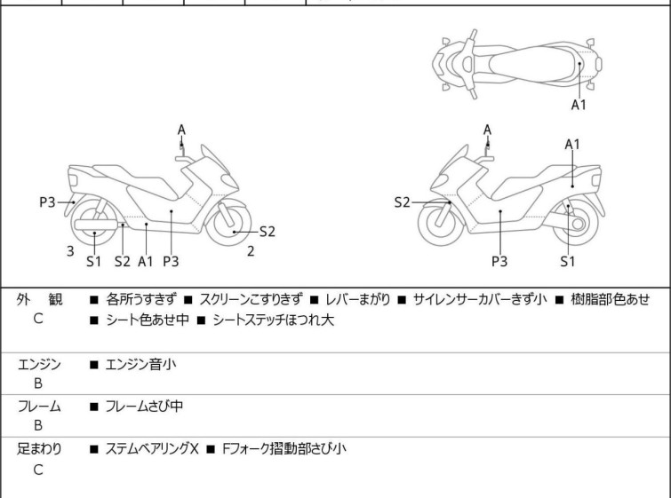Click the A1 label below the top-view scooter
pos(579,104)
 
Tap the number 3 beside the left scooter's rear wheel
pos(70,251)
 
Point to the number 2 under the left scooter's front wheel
pos(251,251)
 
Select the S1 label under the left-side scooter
pos(93,261)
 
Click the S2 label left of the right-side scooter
pos(402,202)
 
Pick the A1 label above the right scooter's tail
pos(572,145)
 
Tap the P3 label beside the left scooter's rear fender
pos(47,202)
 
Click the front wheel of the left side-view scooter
pos(228,223)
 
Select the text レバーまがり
pos(357,299)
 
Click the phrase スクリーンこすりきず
pos(251,299)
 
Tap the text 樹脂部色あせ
pos(610,299)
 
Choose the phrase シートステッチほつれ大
pos(273,320)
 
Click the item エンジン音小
pos(140,365)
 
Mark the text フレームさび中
pos(144,406)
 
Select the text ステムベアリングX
pos(152,449)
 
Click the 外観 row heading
pos(39,299)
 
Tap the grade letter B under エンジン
pos(38,383)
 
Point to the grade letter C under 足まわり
pos(38,470)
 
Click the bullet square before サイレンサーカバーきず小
pos(402,300)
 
